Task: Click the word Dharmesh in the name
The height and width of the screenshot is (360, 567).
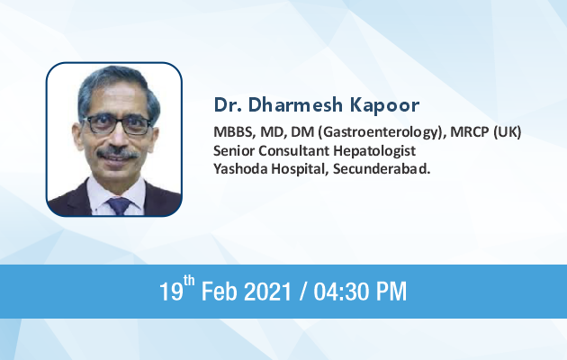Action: pyautogui.click(x=295, y=104)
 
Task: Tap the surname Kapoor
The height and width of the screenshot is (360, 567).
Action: pyautogui.click(x=385, y=105)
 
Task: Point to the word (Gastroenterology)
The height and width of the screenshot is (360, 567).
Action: pyautogui.click(x=382, y=132)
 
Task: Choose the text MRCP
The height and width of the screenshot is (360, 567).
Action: pyautogui.click(x=470, y=132)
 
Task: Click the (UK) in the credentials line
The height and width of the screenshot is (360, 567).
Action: pyautogui.click(x=508, y=132)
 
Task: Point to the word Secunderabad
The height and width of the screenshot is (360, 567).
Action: pyautogui.click(x=382, y=169)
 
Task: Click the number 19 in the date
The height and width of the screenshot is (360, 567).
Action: pyautogui.click(x=171, y=292)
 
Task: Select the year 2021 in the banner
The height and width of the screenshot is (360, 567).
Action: pyautogui.click(x=267, y=292)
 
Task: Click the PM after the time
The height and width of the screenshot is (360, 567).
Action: pyautogui.click(x=391, y=292)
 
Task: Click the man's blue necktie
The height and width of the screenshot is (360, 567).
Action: pyautogui.click(x=119, y=206)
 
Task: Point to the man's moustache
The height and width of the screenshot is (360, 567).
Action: pyautogui.click(x=118, y=152)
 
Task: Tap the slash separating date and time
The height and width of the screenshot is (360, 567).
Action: pyautogui.click(x=302, y=292)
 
